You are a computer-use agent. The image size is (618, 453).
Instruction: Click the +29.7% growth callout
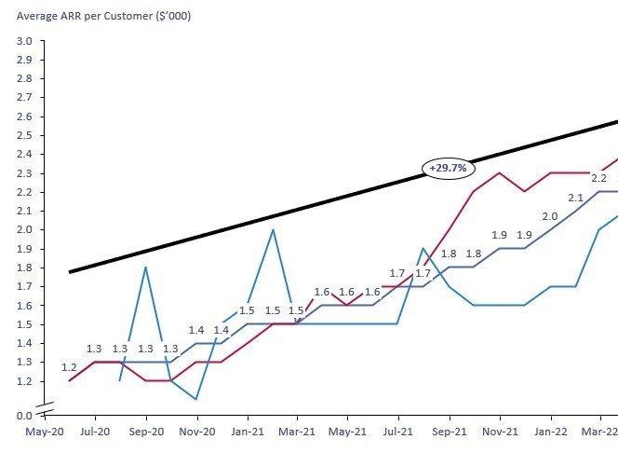[x=449, y=168]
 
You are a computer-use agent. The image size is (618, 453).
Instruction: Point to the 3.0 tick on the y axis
[x=24, y=41]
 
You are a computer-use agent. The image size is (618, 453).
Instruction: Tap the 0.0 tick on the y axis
[x=24, y=415]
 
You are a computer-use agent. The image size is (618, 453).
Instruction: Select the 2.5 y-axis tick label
[x=24, y=135]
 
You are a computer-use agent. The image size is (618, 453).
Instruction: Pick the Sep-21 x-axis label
[x=449, y=432]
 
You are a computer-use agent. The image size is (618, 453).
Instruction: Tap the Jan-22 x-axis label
[x=550, y=432]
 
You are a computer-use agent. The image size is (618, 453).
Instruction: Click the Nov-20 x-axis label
[x=196, y=432]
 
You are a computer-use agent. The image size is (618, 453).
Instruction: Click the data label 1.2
[x=70, y=367]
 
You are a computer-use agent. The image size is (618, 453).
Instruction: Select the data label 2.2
[x=599, y=177]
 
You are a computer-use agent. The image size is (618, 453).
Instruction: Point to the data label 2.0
[x=550, y=216]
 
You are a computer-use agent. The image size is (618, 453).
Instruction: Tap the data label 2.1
[x=575, y=198]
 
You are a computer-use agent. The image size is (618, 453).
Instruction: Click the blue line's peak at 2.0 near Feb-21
[x=272, y=229]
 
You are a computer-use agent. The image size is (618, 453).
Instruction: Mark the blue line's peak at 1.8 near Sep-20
[x=145, y=268]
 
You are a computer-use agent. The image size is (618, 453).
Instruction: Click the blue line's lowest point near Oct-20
[x=195, y=399]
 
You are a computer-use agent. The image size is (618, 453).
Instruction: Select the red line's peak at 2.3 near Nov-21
[x=500, y=172]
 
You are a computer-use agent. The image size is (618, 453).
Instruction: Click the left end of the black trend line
[x=71, y=271]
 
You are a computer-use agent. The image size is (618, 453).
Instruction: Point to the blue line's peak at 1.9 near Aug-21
[x=423, y=249]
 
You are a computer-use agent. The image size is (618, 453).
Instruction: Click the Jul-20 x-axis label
[x=94, y=432]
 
